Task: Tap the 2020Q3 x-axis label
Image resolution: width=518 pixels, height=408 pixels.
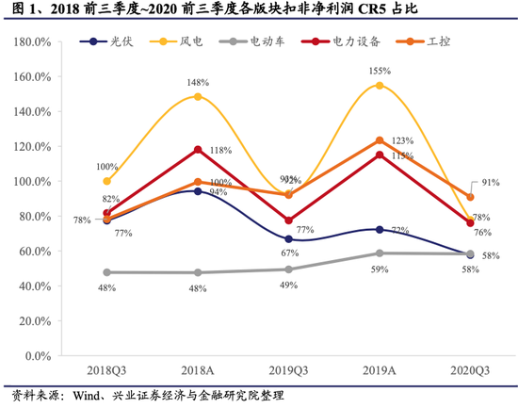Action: [470, 372]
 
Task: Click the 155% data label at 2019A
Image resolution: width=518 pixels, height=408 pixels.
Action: [380, 71]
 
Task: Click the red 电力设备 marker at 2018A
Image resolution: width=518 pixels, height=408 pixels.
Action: [198, 150]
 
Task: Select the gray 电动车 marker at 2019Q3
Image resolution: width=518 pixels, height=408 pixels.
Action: [289, 269]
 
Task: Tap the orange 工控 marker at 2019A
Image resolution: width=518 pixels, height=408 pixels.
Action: [380, 140]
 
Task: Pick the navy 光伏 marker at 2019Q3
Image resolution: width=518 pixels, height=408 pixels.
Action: [289, 239]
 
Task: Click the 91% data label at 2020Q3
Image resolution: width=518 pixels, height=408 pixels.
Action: [491, 182]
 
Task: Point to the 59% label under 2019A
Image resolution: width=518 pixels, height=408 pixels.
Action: [380, 269]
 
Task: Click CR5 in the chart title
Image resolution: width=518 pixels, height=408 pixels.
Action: [362, 12]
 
